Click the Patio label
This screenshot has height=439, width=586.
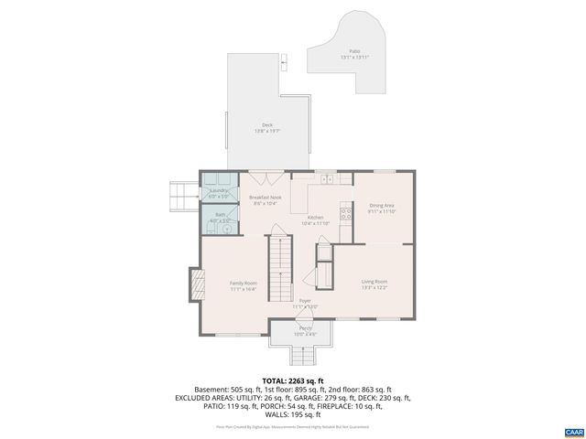354,54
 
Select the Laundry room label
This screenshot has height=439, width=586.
218,193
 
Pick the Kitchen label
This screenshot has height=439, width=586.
315,219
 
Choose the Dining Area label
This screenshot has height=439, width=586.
381,209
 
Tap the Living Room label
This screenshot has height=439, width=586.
374,284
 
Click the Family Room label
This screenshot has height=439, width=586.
243,286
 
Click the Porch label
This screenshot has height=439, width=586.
305,330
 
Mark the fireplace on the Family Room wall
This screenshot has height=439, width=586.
195,285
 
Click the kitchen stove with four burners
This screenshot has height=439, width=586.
346,216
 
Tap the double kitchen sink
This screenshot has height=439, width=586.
326,177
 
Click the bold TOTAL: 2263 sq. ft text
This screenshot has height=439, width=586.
293,380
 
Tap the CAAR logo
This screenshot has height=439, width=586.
573,430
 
